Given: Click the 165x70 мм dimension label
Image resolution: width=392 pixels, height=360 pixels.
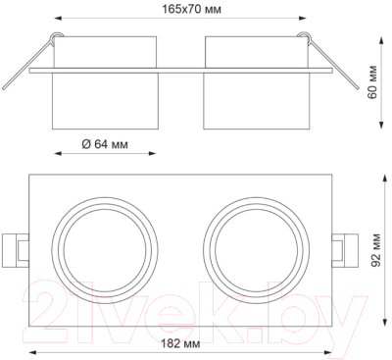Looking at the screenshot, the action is point(192,10).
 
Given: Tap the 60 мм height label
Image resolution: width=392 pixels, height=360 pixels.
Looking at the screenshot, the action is point(372,82).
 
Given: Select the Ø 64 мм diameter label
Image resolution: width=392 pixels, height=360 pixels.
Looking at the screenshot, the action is point(105,144).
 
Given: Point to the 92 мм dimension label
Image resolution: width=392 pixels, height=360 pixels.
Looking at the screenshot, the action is point(376,250).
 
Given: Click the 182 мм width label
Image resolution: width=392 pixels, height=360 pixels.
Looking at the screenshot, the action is point(180,343).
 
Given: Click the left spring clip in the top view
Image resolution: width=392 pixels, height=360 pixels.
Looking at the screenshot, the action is point(16,250).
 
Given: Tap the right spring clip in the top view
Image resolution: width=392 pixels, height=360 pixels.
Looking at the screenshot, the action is point(345,250).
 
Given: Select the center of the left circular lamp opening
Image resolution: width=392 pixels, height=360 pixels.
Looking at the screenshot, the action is point(105,250).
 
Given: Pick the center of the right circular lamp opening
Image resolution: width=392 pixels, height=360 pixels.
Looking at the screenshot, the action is point(257,250).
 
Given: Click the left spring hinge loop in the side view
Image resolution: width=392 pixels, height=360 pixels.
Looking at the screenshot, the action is point(56,36).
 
